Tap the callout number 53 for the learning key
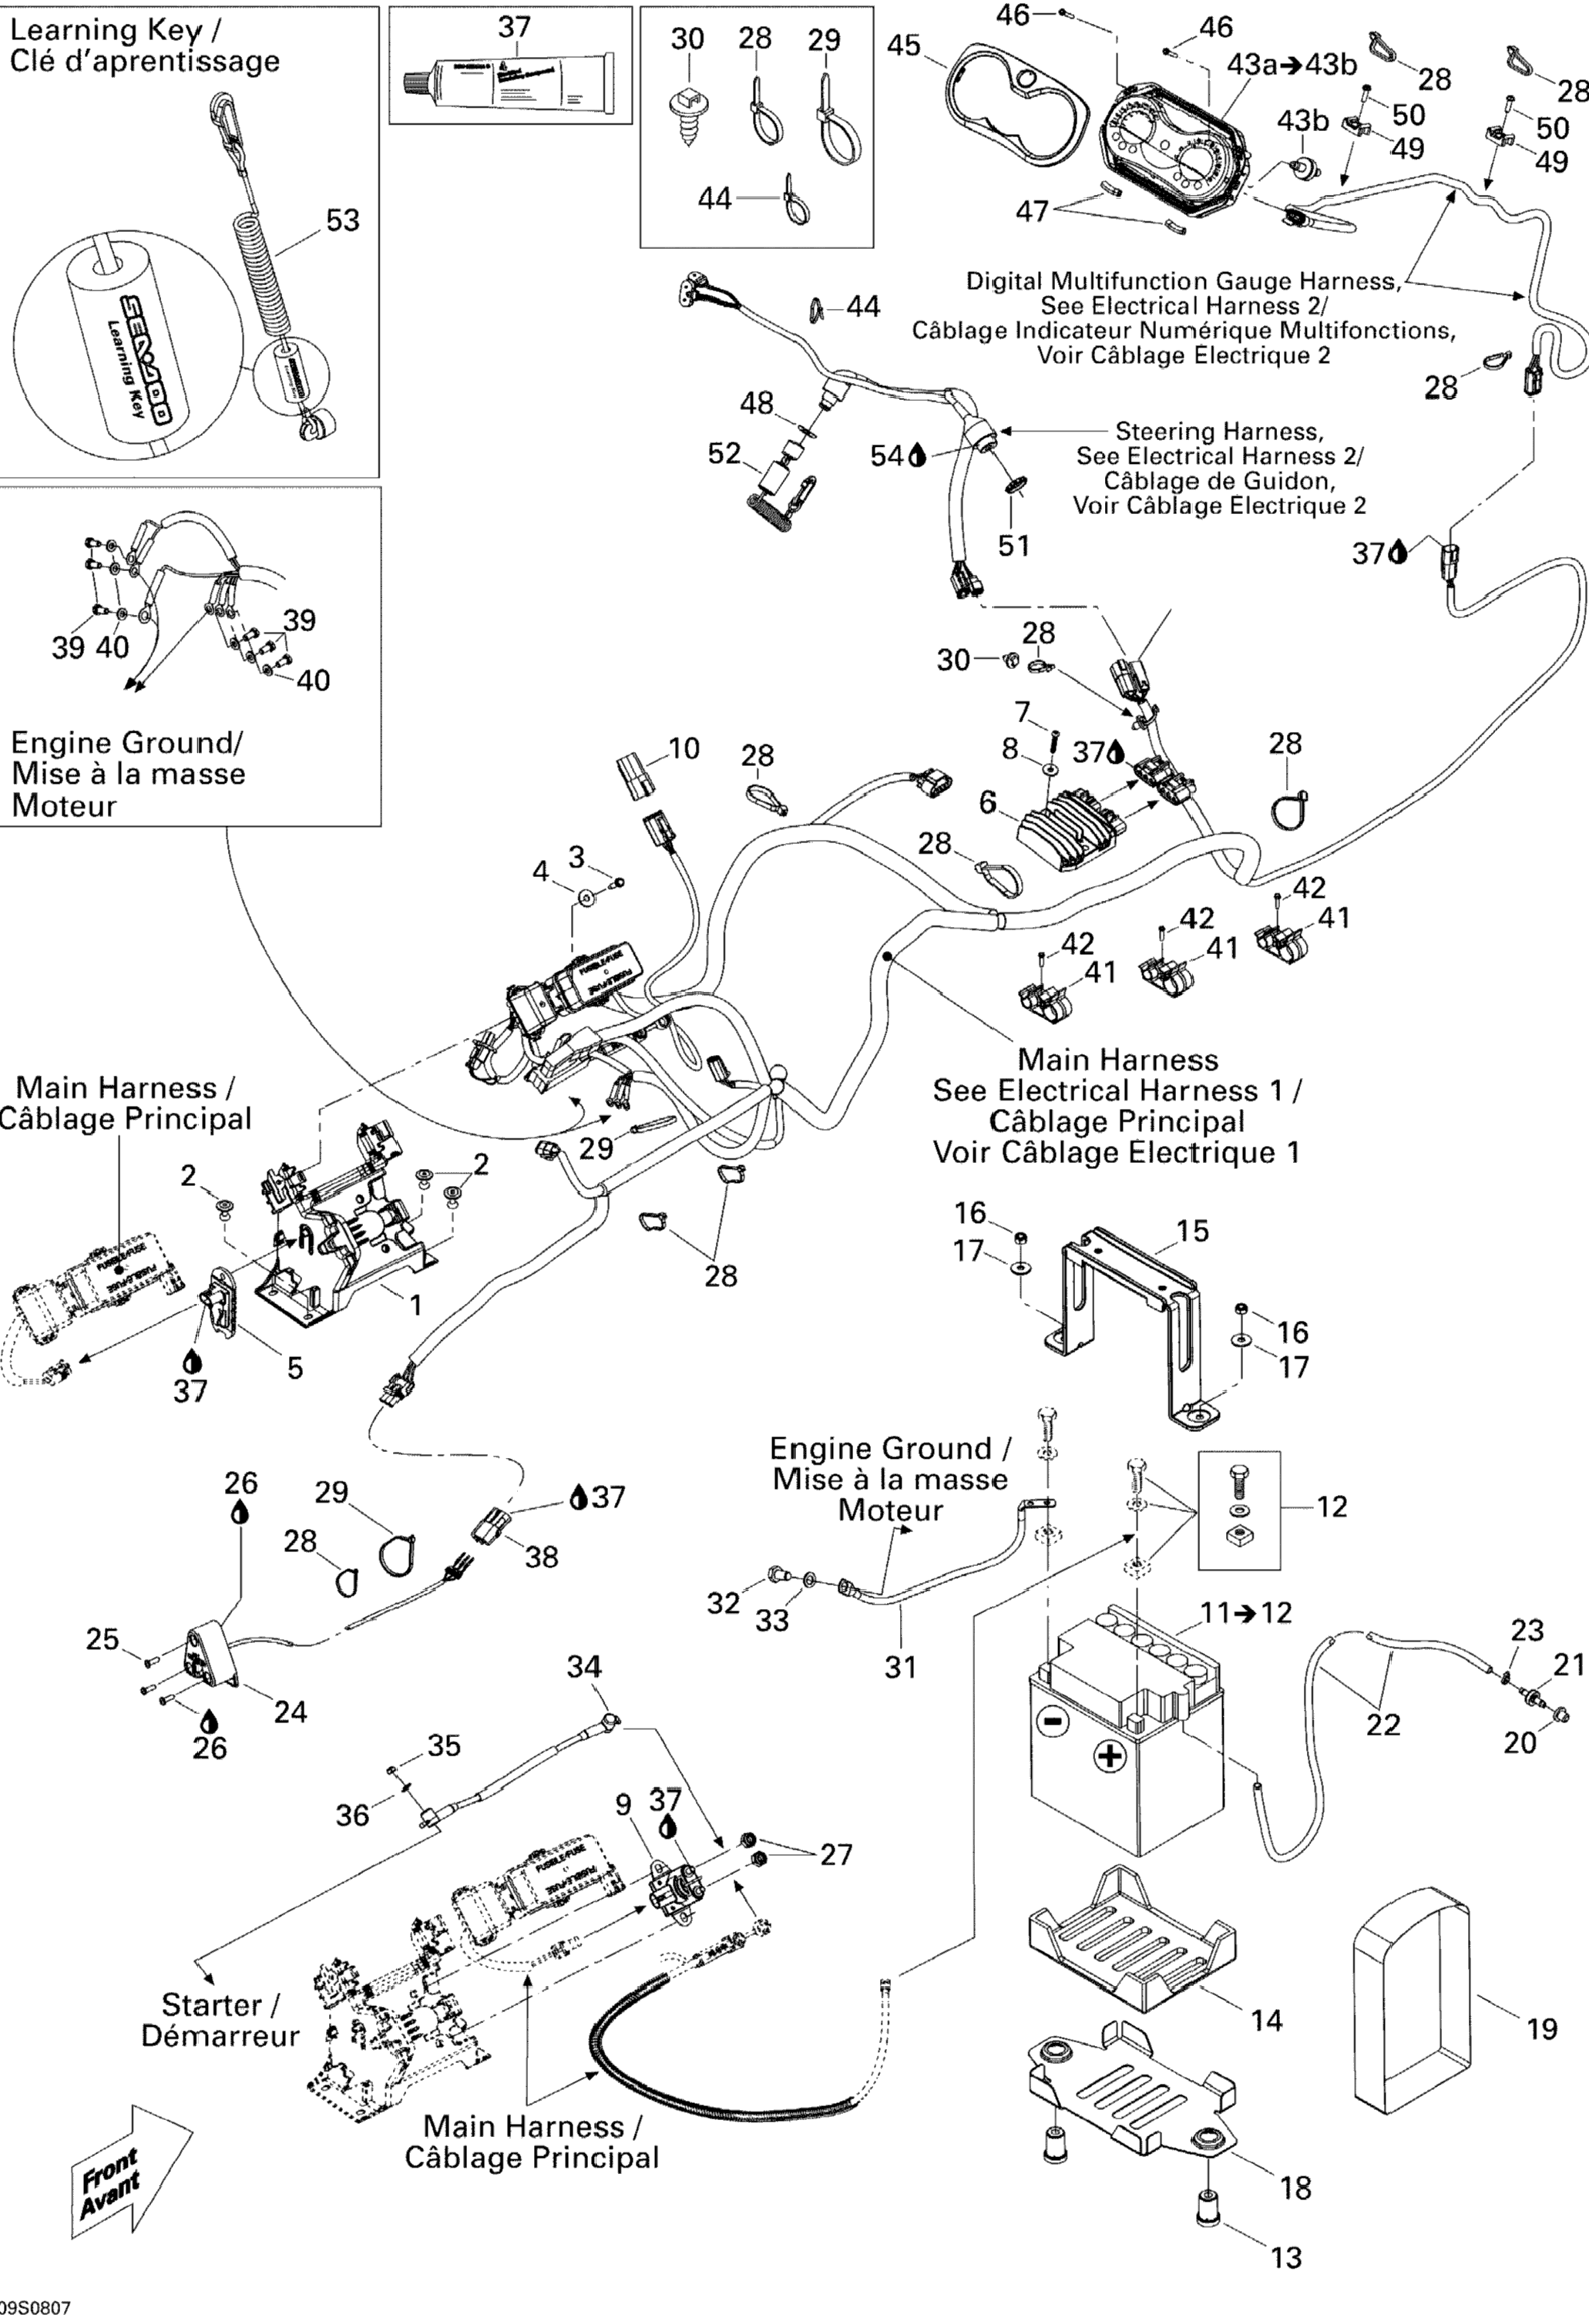[343, 220]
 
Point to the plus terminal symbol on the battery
[1110, 1756]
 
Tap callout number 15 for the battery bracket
[1191, 1231]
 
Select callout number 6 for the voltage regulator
[987, 802]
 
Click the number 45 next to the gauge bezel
[904, 45]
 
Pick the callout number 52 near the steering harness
[724, 454]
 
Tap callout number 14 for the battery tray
[1266, 2020]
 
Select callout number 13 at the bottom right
[1287, 2257]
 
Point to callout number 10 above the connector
[684, 748]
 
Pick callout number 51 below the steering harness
[1014, 545]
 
